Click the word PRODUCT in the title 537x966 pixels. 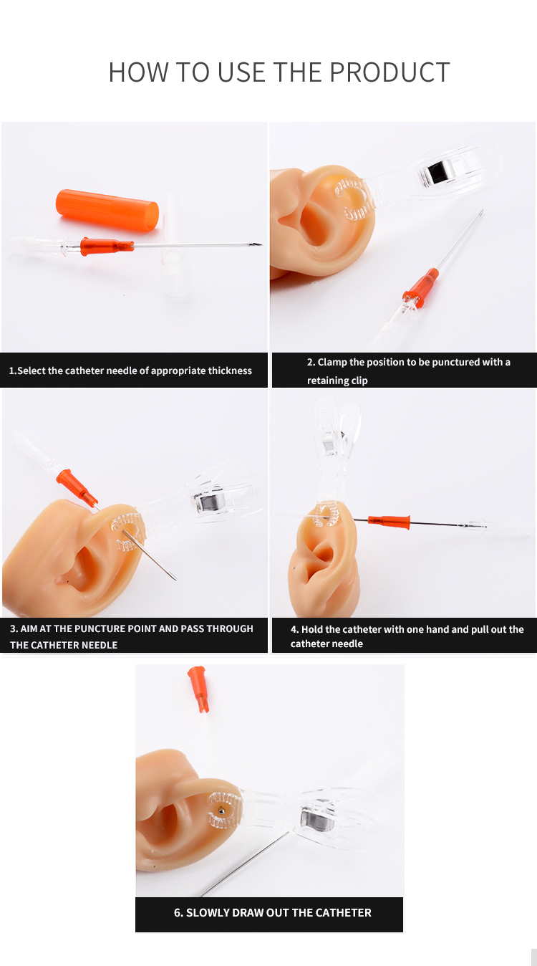coord(390,72)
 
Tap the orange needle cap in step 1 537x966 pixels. coord(107,211)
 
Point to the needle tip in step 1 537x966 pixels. coord(261,244)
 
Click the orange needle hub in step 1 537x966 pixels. coord(107,247)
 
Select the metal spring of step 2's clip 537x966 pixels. coord(436,174)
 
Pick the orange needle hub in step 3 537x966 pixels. coord(77,487)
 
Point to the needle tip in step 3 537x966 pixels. coord(175,578)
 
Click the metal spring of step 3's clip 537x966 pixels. coord(209,503)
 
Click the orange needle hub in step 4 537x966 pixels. coord(389,522)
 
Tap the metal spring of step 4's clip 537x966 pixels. coord(334,444)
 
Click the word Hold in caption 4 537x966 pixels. coord(311,629)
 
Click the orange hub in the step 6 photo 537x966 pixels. coord(198,689)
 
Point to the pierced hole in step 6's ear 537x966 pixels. coord(221,811)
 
